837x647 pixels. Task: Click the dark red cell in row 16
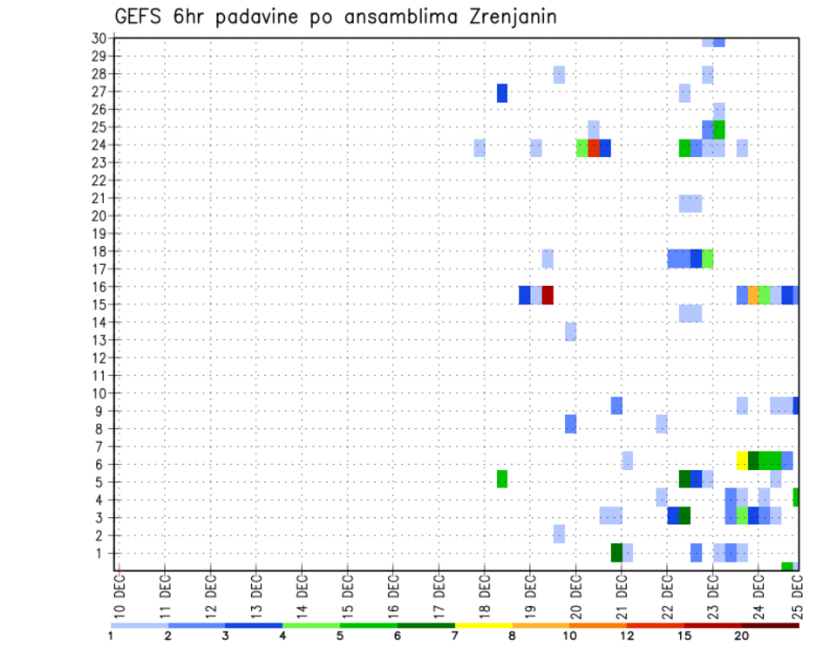click(548, 295)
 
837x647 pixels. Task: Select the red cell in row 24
click(594, 147)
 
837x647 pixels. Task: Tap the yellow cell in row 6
click(742, 460)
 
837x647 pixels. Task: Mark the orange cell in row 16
click(753, 295)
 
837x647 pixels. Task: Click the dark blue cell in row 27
click(502, 92)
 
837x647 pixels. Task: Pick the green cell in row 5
click(502, 479)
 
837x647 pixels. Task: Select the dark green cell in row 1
click(616, 553)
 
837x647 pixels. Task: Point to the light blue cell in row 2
click(559, 534)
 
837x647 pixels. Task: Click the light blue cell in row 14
click(691, 313)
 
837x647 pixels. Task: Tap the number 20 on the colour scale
click(743, 635)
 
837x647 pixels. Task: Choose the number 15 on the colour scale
click(685, 635)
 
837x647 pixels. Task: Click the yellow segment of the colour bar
click(483, 625)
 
